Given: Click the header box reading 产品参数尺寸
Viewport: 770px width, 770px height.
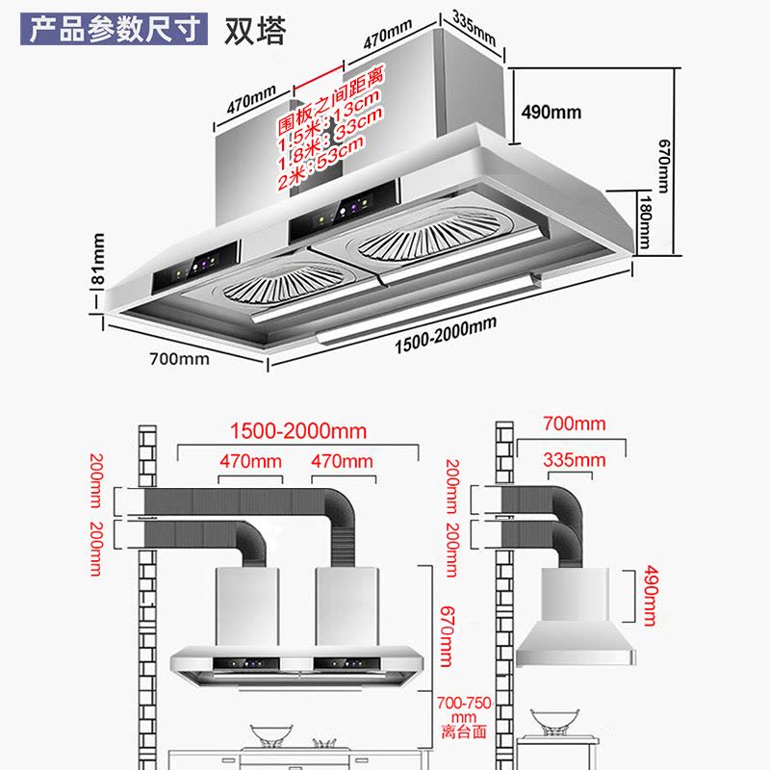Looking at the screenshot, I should (x=115, y=27).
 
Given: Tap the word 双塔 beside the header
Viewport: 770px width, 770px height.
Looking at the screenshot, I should (x=255, y=29).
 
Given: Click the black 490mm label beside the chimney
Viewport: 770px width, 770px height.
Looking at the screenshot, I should (x=551, y=112).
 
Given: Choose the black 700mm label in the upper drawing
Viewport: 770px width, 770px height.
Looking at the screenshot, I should (x=179, y=360).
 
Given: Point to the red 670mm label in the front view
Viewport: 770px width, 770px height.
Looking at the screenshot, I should (x=446, y=628).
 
